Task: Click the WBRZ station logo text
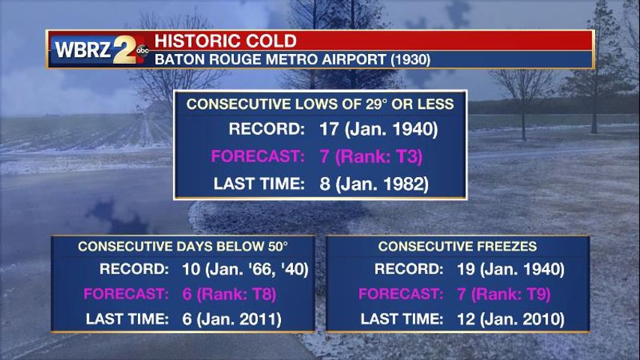pos(83,49)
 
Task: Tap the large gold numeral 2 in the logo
pos(125,49)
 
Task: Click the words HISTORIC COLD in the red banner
pos(226,40)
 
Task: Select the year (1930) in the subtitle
pos(411,60)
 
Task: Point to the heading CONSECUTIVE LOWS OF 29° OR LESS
pos(320,104)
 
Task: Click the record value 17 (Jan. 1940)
pos(378,129)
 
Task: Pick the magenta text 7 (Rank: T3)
pos(371,157)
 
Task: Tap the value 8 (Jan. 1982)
pos(374,184)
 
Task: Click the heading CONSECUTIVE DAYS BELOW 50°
pos(183,247)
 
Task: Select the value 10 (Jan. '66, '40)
pos(245,269)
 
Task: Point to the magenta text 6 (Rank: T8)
pos(229,294)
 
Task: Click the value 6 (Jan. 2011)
pos(232,319)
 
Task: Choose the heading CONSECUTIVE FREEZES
pos(458,247)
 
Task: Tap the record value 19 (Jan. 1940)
pos(510,269)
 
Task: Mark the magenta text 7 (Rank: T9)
pos(504,294)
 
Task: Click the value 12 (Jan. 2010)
pos(510,319)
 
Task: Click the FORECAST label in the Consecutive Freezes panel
pos(401,294)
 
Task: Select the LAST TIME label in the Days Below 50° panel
pos(127,319)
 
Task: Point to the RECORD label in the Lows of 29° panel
pos(267,129)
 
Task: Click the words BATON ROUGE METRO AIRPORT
pos(271,60)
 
